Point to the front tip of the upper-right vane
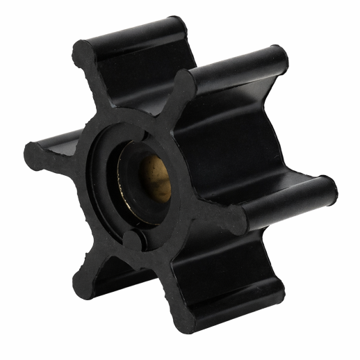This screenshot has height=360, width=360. (x=183, y=84)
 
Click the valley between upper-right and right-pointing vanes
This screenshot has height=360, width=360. (x=257, y=139)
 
